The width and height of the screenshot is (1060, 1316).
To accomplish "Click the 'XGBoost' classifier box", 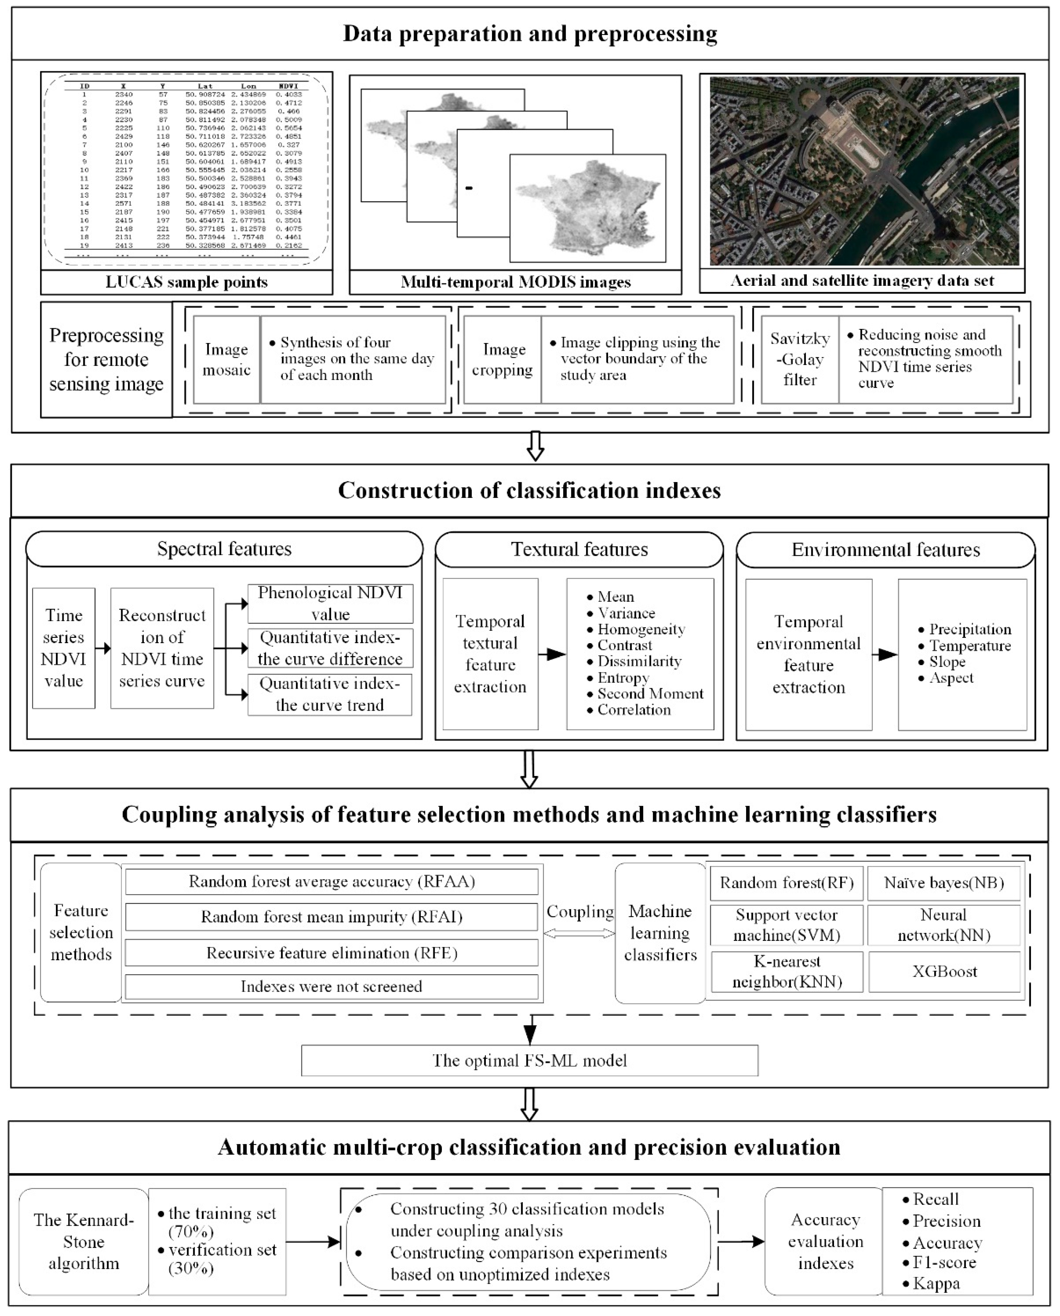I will coord(944,972).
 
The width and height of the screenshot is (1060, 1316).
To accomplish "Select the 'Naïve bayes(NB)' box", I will coord(944,883).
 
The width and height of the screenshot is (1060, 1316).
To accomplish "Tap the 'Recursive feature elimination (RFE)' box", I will coord(332,953).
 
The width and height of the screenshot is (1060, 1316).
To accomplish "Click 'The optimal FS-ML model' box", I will coord(530,1061).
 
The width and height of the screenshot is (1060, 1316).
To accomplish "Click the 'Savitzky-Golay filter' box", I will coord(800,359).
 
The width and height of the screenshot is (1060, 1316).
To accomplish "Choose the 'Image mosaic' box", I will coord(227,359).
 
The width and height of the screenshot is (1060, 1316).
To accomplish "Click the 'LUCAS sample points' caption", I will coord(186,282).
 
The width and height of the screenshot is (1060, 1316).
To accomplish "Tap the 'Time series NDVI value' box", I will coord(63,648).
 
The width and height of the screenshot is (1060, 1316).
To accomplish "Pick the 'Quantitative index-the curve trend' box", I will coord(330,694).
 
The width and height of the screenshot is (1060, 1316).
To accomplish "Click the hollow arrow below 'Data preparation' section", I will coord(535,446).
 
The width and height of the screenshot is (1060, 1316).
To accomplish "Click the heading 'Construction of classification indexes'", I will coord(530,491).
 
